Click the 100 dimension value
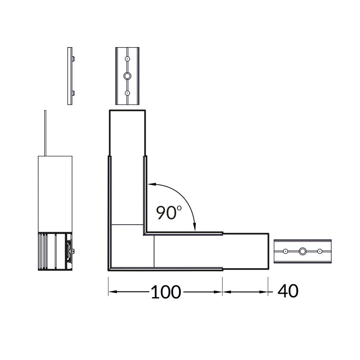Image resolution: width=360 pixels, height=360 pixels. [166, 292]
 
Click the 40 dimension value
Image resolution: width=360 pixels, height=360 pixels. [288, 291]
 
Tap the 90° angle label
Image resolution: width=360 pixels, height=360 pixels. [169, 213]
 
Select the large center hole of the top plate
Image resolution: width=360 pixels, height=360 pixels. [127, 76]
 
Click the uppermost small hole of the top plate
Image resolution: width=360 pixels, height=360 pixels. [127, 59]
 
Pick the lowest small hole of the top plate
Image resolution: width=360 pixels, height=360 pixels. [127, 93]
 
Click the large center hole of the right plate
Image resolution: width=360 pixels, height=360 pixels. [303, 251]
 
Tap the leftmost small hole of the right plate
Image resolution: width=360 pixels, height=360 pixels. [285, 251]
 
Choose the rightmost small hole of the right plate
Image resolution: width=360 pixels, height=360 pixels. [320, 251]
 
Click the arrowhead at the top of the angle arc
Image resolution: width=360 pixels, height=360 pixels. [152, 184]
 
